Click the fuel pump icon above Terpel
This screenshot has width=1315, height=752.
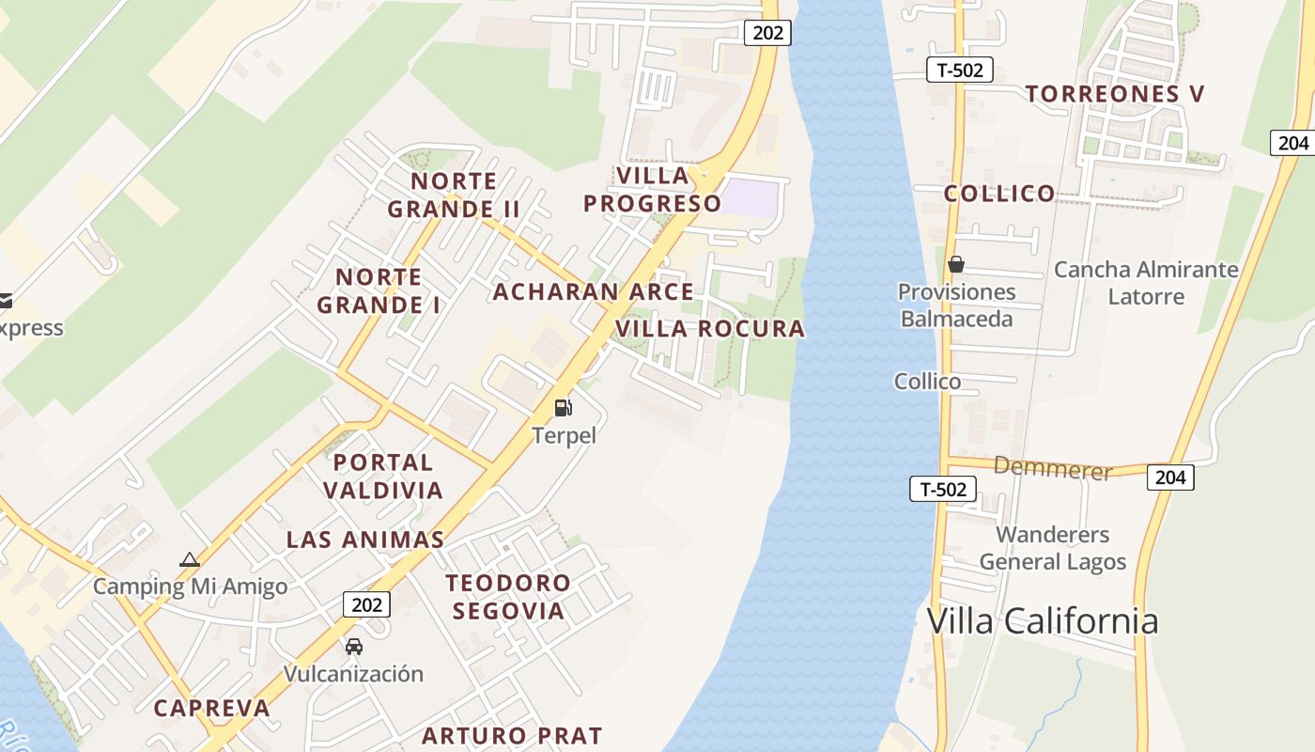[x=564, y=407]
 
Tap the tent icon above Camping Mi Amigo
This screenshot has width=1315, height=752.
[x=190, y=560]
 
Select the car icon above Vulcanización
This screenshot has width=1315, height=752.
[x=354, y=647]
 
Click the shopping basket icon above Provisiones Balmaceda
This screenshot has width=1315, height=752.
[x=956, y=264]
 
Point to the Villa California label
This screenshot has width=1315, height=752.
[x=1043, y=621]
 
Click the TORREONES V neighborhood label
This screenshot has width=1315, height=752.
[x=1115, y=94]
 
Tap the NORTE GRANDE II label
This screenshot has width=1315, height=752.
[x=454, y=195]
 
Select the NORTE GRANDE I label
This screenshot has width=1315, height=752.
[x=379, y=290]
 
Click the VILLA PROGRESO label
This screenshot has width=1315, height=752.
[x=653, y=189]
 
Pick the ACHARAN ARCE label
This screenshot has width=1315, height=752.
[x=594, y=292]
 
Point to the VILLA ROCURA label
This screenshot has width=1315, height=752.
[x=710, y=329]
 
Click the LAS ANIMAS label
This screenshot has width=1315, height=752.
[x=365, y=540]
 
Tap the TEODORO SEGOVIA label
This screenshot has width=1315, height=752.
[x=508, y=597]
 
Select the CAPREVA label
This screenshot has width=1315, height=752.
[x=211, y=709]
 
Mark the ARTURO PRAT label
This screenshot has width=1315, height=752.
[x=512, y=735]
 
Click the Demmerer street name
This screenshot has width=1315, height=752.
[x=1053, y=467]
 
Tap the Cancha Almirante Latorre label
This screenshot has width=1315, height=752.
[x=1146, y=283]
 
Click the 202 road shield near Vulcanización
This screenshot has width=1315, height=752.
[x=366, y=604]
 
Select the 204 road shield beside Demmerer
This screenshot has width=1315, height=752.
[x=1170, y=478]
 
